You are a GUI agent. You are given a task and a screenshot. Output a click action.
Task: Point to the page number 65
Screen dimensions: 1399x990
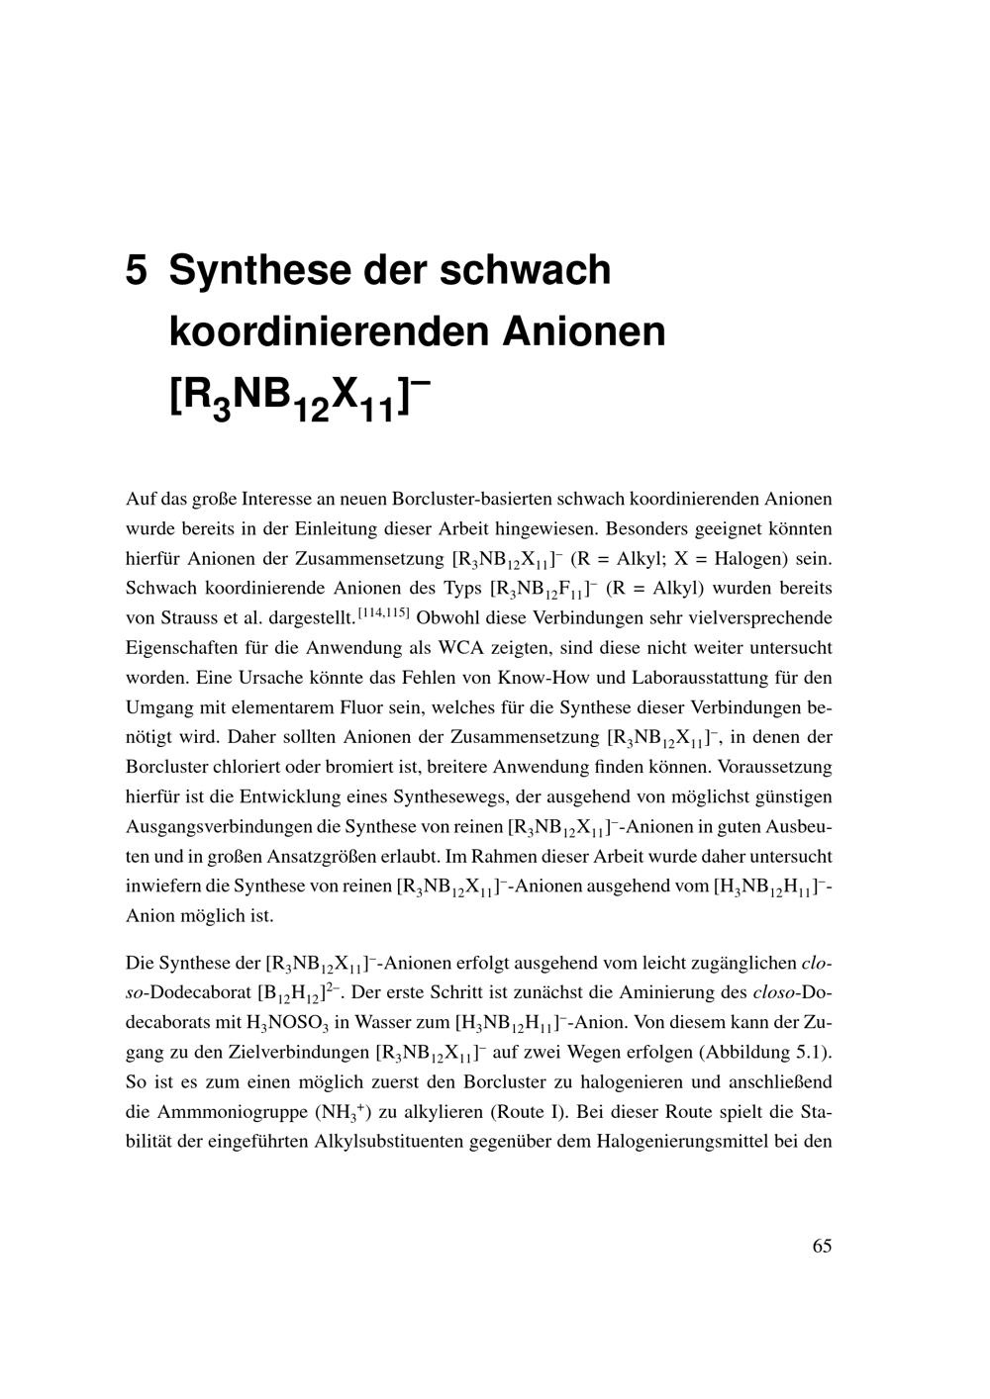click(822, 1246)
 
